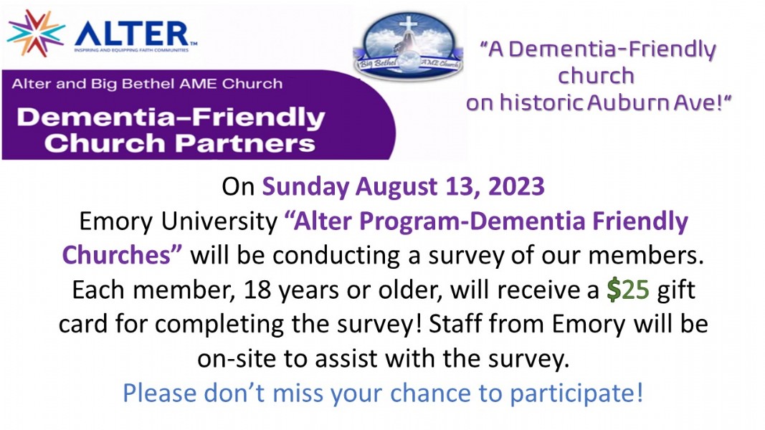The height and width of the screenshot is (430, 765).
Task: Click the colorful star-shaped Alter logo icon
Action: pos(36,33)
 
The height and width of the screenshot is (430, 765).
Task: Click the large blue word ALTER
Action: pos(132,34)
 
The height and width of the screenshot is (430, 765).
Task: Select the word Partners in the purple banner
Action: pos(245,143)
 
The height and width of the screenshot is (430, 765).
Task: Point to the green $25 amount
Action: pos(628,290)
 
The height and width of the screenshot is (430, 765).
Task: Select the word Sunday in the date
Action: pos(305,188)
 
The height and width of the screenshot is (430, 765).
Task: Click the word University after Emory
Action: pos(219,222)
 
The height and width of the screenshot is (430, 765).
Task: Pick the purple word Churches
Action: pos(116,255)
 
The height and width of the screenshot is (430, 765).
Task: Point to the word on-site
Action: pos(237,359)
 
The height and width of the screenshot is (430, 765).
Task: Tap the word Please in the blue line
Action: pos(159,393)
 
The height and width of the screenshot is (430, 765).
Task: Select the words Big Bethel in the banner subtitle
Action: pos(129,84)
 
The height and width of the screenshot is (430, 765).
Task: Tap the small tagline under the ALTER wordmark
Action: pos(131,50)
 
